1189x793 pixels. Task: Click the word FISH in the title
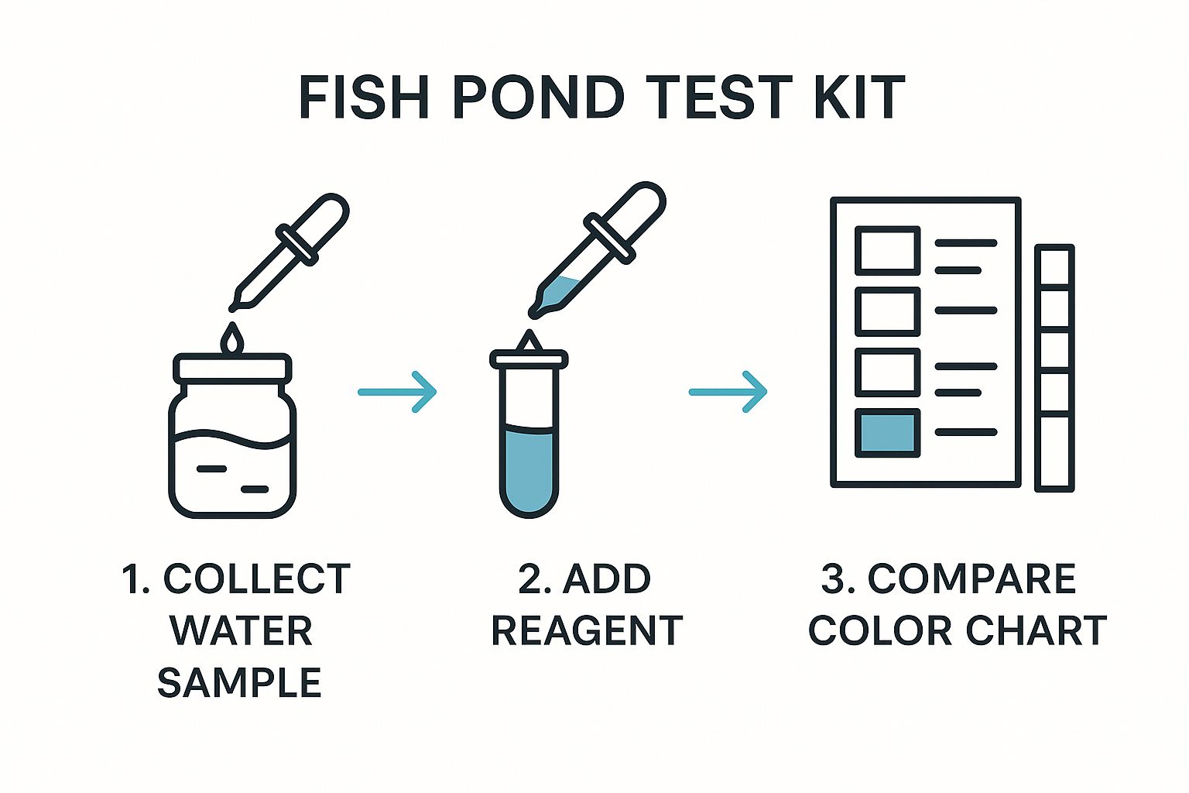tap(364, 98)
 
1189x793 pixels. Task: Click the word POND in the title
tap(539, 98)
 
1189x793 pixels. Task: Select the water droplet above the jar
tap(232, 338)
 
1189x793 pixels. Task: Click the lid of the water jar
tap(232, 367)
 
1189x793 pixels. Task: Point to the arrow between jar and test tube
tap(397, 392)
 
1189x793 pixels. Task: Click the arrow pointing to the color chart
tap(728, 392)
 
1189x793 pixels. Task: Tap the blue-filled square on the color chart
tap(887, 433)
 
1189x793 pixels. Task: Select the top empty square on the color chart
tap(887, 251)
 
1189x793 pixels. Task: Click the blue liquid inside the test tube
tap(529, 468)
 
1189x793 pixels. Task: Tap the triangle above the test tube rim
tap(529, 341)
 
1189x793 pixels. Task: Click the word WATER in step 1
tap(241, 631)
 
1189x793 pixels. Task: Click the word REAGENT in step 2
tap(587, 631)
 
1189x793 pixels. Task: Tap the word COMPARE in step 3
tap(971, 579)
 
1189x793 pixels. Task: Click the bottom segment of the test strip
tap(1055, 452)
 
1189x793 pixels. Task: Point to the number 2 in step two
tap(529, 579)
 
